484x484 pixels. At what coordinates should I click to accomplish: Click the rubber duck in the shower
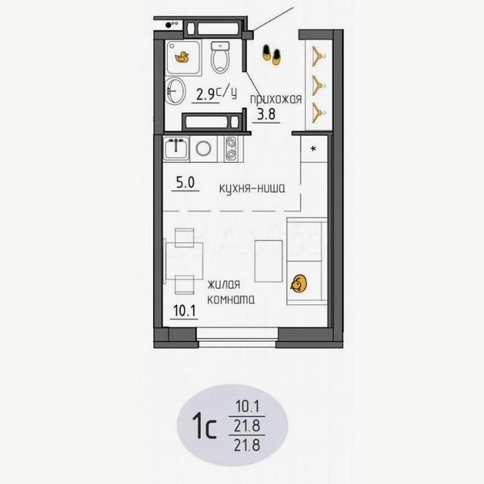(x=181, y=58)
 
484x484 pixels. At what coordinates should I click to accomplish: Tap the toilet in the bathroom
(x=220, y=56)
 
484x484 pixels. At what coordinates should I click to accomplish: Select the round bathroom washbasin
(x=175, y=91)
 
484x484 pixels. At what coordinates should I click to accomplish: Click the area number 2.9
(x=205, y=94)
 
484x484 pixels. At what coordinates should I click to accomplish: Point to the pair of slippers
(x=272, y=55)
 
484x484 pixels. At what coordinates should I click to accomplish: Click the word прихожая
(x=275, y=99)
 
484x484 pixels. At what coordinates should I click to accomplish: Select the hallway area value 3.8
(x=266, y=115)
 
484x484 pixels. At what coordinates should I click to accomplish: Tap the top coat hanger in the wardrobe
(x=319, y=56)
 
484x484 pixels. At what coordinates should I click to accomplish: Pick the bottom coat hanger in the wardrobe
(x=319, y=113)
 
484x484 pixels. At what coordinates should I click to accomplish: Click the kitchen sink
(x=176, y=148)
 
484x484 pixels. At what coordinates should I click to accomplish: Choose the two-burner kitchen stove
(x=231, y=148)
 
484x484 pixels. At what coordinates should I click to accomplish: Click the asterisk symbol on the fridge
(x=313, y=149)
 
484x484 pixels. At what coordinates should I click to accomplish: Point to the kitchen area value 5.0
(x=186, y=183)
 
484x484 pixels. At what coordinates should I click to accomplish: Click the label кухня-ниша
(x=252, y=188)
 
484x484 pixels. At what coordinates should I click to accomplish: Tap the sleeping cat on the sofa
(x=298, y=283)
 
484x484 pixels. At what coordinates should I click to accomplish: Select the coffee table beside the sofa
(x=269, y=261)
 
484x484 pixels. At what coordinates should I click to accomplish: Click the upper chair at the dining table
(x=185, y=238)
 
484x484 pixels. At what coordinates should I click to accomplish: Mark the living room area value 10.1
(x=184, y=311)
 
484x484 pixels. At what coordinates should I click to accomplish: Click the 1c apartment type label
(x=204, y=426)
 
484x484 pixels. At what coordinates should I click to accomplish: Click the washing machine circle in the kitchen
(x=203, y=148)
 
